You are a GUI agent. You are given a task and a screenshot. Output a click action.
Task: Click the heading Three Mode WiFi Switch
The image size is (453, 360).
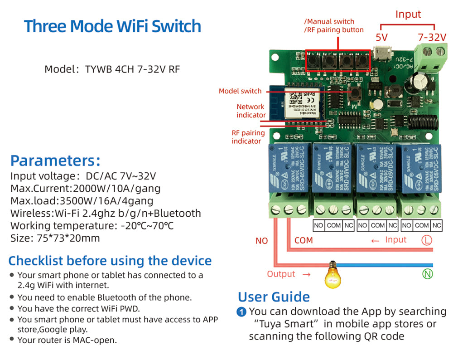click(x=112, y=26)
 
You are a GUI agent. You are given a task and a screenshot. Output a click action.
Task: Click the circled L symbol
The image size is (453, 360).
click(x=427, y=240)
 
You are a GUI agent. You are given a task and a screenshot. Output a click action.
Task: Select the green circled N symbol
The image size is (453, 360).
click(x=427, y=273)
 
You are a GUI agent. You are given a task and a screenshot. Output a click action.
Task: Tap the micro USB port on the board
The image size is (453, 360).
click(x=381, y=54)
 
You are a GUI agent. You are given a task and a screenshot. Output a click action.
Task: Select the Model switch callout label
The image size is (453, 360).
click(x=240, y=91)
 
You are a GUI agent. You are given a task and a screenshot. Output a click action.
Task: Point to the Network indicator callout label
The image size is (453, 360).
click(x=251, y=111)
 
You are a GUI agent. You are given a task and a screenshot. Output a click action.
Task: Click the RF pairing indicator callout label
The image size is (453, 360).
click(x=248, y=137)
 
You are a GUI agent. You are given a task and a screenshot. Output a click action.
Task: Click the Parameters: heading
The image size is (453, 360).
click(x=55, y=161)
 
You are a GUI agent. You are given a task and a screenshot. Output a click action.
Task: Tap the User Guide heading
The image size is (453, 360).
click(x=274, y=297)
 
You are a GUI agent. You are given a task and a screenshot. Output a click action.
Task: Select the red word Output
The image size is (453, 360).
click(x=281, y=274)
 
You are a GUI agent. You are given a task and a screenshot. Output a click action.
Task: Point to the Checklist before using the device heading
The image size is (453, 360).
click(x=110, y=261)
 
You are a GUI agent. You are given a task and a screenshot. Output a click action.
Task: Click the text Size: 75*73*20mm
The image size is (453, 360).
click(x=55, y=238)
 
